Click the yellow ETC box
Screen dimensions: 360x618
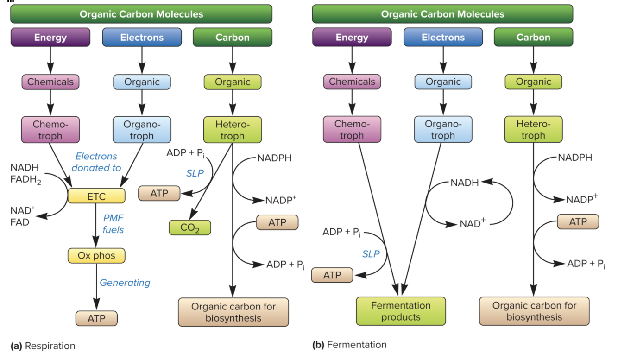pos(96,196)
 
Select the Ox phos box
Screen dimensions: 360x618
pos(96,256)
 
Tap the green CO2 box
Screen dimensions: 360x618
pos(189,227)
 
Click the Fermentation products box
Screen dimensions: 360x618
pos(401,311)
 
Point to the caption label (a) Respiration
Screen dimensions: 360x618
pos(43,346)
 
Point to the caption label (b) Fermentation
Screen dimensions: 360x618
pos(349,345)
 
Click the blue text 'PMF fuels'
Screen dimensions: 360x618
pos(114,223)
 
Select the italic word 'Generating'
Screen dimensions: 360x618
pos(125,283)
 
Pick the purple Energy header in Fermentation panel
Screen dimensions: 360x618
pos(352,38)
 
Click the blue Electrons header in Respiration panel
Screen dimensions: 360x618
pos(142,38)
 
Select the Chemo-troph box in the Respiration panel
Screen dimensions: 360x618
pos(50,130)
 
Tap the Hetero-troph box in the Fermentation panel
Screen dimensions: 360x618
pos(533,130)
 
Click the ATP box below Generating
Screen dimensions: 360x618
pos(96,318)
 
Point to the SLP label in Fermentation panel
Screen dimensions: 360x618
pos(371,253)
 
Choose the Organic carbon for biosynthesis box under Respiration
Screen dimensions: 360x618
pos(233,312)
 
